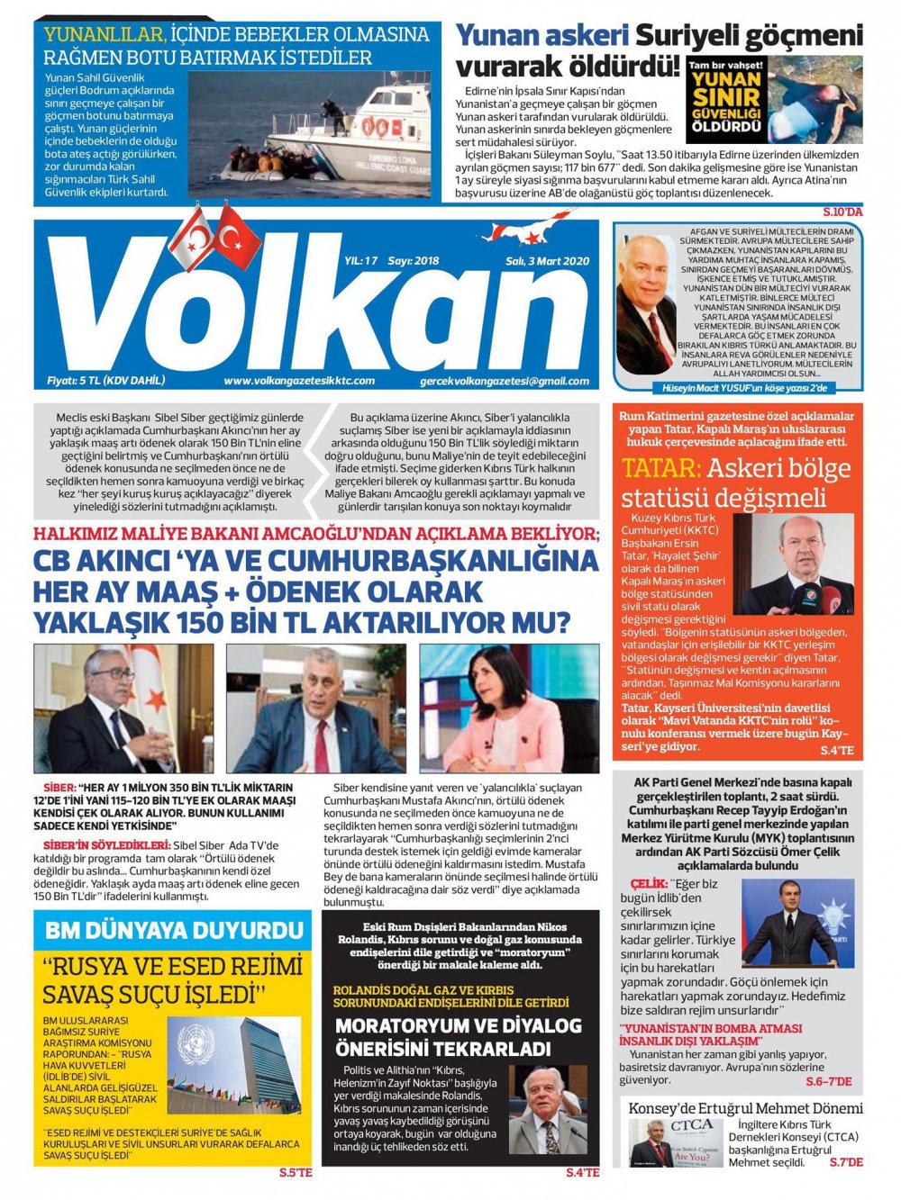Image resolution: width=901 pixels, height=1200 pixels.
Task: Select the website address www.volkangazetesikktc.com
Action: pyautogui.click(x=299, y=381)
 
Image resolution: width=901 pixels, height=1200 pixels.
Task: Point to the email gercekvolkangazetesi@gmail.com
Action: pyautogui.click(x=505, y=381)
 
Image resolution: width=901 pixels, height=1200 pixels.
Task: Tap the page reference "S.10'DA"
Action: pyautogui.click(x=842, y=212)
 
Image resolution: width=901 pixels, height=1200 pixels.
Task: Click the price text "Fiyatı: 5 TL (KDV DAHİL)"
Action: pyautogui.click(x=106, y=381)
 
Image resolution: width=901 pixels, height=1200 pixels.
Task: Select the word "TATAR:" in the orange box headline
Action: pyautogui.click(x=660, y=469)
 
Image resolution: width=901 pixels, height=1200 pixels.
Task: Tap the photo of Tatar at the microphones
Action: pyautogui.click(x=798, y=565)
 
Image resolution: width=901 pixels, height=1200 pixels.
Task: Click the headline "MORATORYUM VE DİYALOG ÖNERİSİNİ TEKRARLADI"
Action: pyautogui.click(x=459, y=1037)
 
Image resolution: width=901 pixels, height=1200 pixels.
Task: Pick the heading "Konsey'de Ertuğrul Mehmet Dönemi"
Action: pyautogui.click(x=745, y=1108)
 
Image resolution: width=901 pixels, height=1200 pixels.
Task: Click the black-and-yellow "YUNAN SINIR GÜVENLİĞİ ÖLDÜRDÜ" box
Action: pyautogui.click(x=725, y=102)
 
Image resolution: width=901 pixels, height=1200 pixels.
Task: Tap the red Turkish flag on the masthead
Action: pyautogui.click(x=237, y=237)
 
